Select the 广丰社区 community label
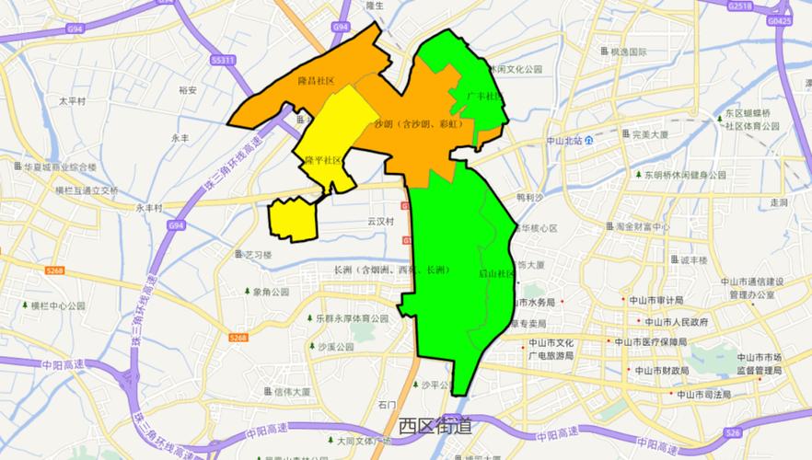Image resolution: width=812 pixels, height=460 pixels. (483, 96)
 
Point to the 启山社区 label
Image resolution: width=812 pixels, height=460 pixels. (496, 273)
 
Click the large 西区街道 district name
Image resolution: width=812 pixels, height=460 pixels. (435, 425)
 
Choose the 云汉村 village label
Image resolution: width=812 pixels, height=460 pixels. (380, 222)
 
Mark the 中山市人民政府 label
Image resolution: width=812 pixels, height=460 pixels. (676, 323)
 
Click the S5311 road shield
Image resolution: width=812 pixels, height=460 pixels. (223, 60)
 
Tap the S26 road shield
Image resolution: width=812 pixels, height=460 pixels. (732, 432)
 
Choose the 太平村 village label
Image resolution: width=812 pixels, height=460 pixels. (72, 101)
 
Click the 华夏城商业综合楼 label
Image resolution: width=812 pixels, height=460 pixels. (60, 167)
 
